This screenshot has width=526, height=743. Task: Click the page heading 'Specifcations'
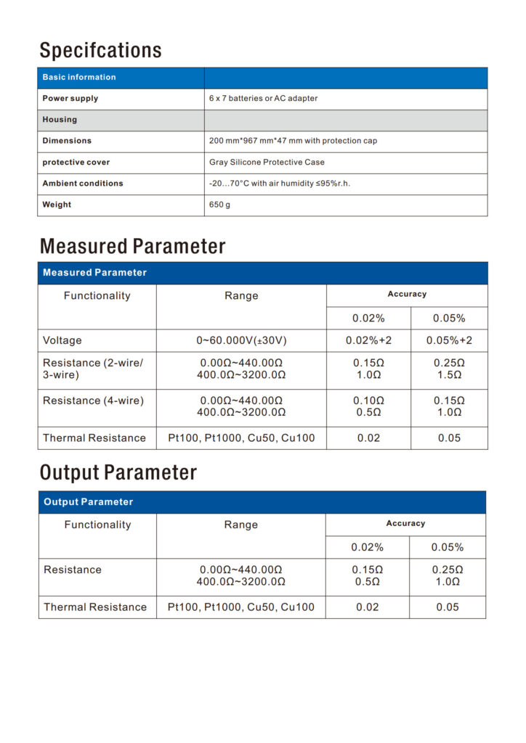100,51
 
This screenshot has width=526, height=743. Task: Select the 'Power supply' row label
70,99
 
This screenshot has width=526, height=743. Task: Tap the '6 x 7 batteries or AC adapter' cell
263,99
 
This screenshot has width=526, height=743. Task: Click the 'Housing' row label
60,120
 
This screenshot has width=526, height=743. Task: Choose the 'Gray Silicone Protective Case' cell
267,162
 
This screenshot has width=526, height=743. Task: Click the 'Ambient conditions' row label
83,184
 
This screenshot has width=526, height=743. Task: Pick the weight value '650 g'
219,205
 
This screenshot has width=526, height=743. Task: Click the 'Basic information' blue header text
79,78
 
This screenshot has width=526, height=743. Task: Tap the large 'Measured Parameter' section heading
132,246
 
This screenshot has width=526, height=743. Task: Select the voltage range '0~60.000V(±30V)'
241,340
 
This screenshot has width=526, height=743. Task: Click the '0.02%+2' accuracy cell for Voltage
368,340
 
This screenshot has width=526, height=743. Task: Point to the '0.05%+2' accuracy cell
449,340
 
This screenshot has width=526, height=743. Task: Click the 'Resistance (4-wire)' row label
93,401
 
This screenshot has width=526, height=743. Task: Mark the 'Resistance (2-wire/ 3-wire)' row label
93,369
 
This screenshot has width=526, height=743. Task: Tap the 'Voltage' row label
62,340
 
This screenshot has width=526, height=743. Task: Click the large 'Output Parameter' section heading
118,473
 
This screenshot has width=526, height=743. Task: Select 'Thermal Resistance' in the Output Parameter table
95,607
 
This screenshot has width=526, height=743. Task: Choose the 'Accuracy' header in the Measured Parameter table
407,295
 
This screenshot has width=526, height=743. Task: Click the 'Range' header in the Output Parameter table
240,525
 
